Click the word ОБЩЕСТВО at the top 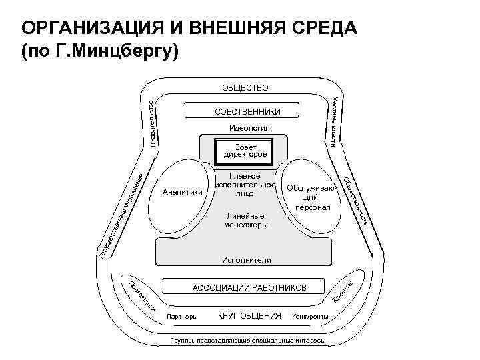point(245,87)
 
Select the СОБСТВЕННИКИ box point(247,111)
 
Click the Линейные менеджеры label point(245,221)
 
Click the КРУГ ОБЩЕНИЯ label point(249,315)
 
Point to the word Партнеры point(183,316)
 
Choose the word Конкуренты point(310,316)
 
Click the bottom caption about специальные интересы point(248,341)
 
